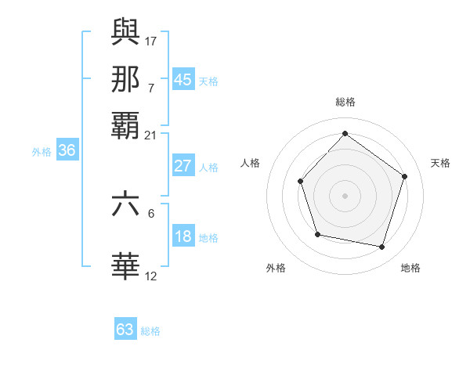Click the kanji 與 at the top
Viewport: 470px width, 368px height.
126,34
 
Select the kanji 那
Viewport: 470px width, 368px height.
126,79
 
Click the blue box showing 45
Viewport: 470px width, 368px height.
183,80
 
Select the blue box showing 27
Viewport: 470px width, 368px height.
183,166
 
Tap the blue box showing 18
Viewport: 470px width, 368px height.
183,237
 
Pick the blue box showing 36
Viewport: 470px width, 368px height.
67,151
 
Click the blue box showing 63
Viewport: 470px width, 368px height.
125,330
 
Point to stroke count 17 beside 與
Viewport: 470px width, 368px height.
151,41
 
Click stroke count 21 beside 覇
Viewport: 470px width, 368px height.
151,135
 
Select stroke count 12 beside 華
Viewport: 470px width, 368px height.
151,276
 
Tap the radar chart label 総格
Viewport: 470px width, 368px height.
345,102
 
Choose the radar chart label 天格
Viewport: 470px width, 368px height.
440,163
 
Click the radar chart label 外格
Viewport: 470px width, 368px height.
276,268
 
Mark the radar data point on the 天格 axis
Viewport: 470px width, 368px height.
404,176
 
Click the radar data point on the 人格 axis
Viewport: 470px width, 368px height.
301,182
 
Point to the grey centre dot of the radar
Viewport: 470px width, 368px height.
345,195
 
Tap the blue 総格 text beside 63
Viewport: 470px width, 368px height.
150,331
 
